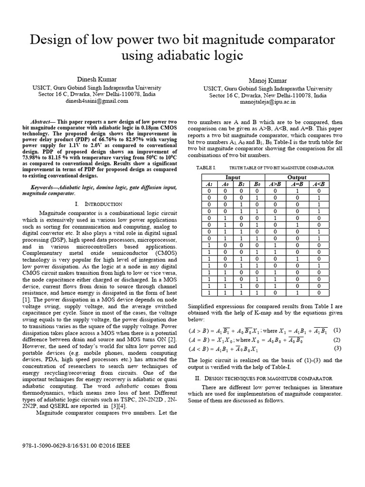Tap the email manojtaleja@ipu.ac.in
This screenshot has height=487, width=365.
pyautogui.click(x=268, y=101)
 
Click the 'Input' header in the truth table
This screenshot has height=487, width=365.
pyautogui.click(x=232, y=177)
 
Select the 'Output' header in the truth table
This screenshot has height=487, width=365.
pyautogui.click(x=297, y=177)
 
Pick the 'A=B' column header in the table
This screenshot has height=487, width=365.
pyautogui.click(x=297, y=184)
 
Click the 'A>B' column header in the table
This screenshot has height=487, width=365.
pyautogui.click(x=275, y=184)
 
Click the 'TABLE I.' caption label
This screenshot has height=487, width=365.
pyautogui.click(x=206, y=168)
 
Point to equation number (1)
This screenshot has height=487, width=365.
pyautogui.click(x=337, y=330)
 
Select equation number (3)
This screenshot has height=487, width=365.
pyautogui.click(x=337, y=348)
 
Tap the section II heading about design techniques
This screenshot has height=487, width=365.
pyautogui.click(x=270, y=378)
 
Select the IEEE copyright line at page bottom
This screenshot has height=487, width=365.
pyautogui.click(x=76, y=446)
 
